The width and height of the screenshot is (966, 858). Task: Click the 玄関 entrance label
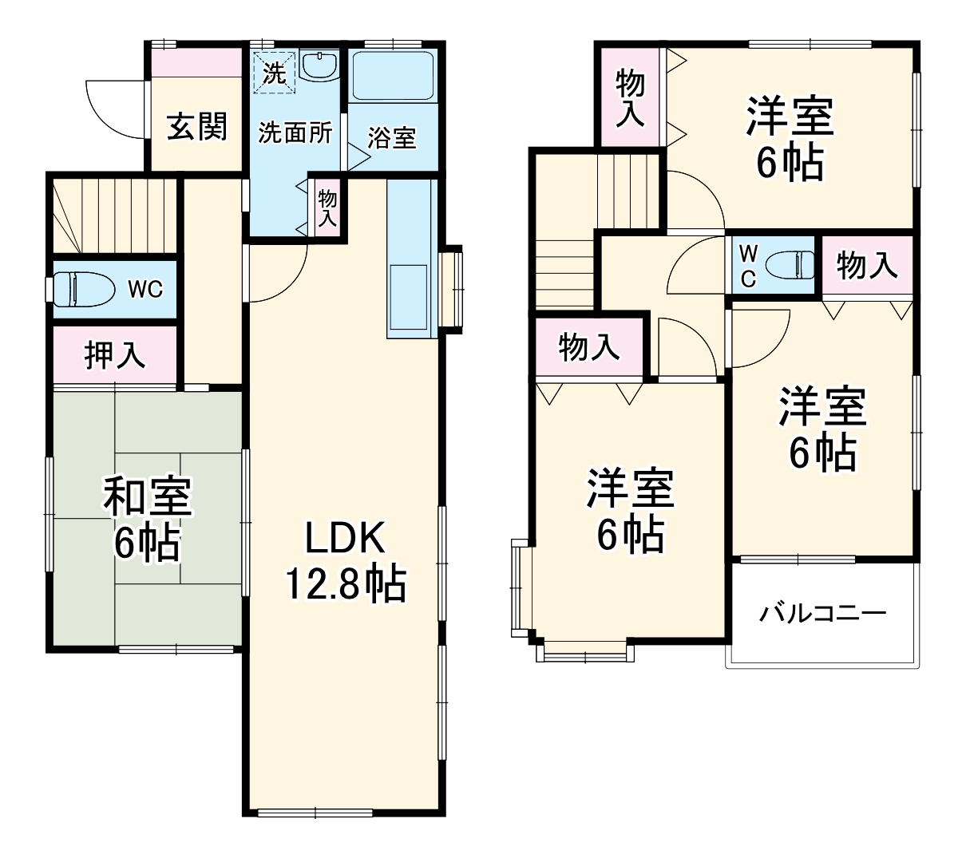coord(196,127)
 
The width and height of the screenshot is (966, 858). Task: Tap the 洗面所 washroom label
coord(295,132)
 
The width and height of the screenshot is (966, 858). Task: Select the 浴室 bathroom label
coord(392,137)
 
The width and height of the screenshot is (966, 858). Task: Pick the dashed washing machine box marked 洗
coord(274,73)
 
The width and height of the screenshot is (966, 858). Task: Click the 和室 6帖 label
coord(147,520)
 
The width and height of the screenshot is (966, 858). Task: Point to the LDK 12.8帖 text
coord(345,563)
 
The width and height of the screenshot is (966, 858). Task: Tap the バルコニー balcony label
coord(822,614)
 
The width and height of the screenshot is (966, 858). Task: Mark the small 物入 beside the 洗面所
coord(327,208)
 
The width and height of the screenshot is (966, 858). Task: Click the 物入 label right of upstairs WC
coord(867,265)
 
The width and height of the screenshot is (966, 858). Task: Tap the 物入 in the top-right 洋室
coord(631,97)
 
